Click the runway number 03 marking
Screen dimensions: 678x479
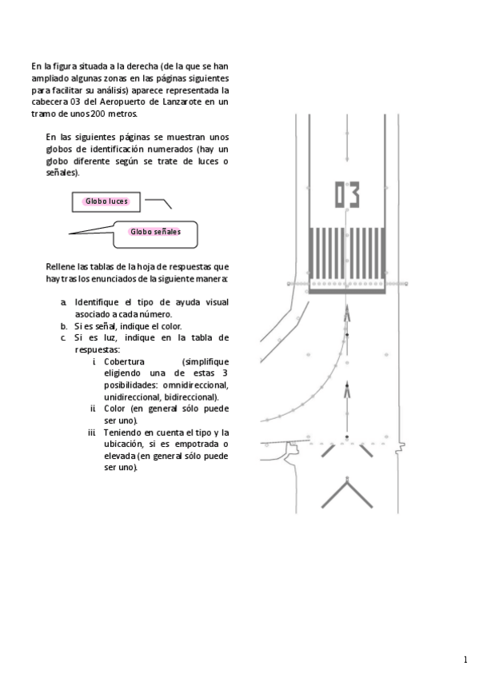click(x=346, y=194)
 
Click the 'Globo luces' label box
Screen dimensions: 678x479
click(x=106, y=201)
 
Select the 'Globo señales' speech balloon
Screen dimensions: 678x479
click(x=156, y=232)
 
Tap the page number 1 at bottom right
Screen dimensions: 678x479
click(x=465, y=660)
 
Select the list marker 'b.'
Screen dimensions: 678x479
click(x=64, y=326)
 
